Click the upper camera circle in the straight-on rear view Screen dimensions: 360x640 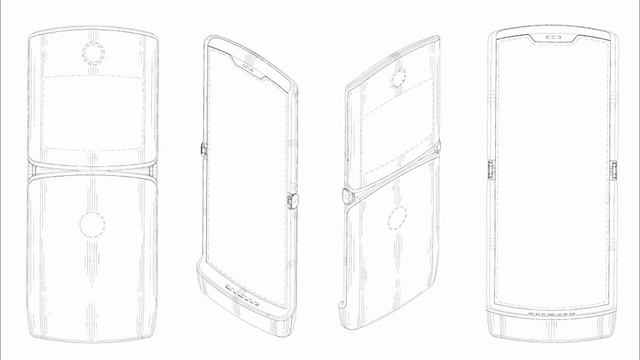(95, 52)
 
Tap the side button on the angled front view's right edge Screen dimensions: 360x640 (293, 200)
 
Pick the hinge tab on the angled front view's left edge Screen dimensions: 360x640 (204, 149)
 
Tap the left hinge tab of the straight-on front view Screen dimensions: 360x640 (490, 171)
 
